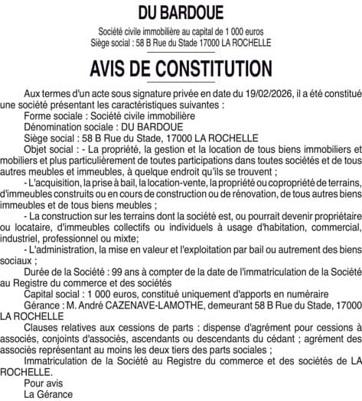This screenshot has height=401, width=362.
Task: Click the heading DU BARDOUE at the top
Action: tap(181, 13)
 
